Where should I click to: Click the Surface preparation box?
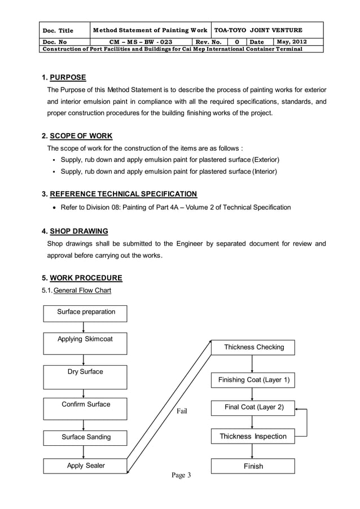86,313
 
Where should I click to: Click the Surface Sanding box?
86,437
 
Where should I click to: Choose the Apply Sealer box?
86,466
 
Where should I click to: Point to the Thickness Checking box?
253,348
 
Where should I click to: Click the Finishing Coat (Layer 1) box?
253,380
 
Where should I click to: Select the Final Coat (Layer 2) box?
253,407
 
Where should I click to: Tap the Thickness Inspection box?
253,436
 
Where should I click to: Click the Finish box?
253,466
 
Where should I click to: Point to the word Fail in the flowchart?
182,411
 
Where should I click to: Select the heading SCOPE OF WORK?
81,136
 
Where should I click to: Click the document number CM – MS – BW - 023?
141,42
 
